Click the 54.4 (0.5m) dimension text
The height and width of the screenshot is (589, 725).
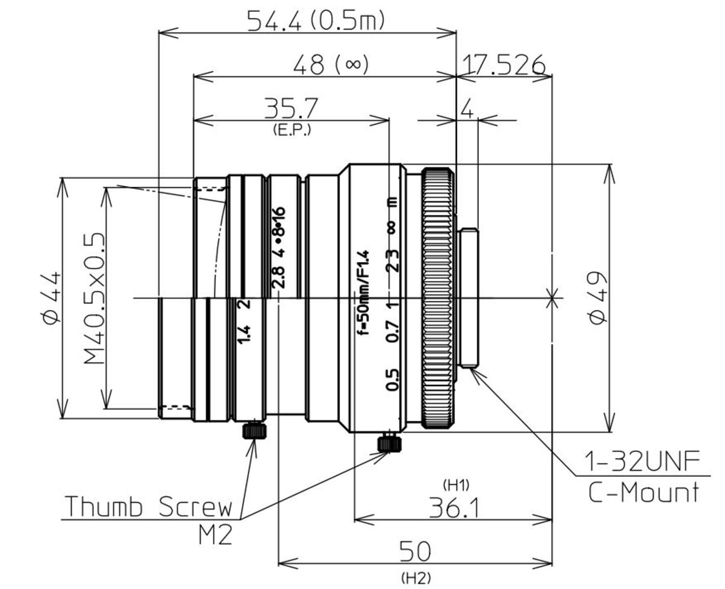pyautogui.click(x=316, y=21)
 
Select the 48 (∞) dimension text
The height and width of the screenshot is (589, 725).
pyautogui.click(x=331, y=64)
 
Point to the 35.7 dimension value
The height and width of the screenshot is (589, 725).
pyautogui.click(x=291, y=108)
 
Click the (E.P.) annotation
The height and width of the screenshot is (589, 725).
pyautogui.click(x=291, y=130)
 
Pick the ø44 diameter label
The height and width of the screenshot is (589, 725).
pyautogui.click(x=52, y=297)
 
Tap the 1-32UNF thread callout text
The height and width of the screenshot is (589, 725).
pyautogui.click(x=642, y=461)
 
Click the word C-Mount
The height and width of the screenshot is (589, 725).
pyautogui.click(x=643, y=493)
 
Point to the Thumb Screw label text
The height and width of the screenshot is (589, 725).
pyautogui.click(x=148, y=506)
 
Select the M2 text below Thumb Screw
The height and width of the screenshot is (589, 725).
pyautogui.click(x=215, y=534)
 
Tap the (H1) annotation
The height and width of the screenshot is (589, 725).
pyautogui.click(x=455, y=484)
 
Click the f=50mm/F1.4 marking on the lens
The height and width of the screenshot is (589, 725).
pyautogui.click(x=362, y=293)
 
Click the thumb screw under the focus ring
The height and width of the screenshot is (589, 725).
pyautogui.click(x=389, y=442)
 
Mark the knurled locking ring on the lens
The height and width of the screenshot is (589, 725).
pyautogui.click(x=437, y=298)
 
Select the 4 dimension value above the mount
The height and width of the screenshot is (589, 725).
pyautogui.click(x=467, y=110)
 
